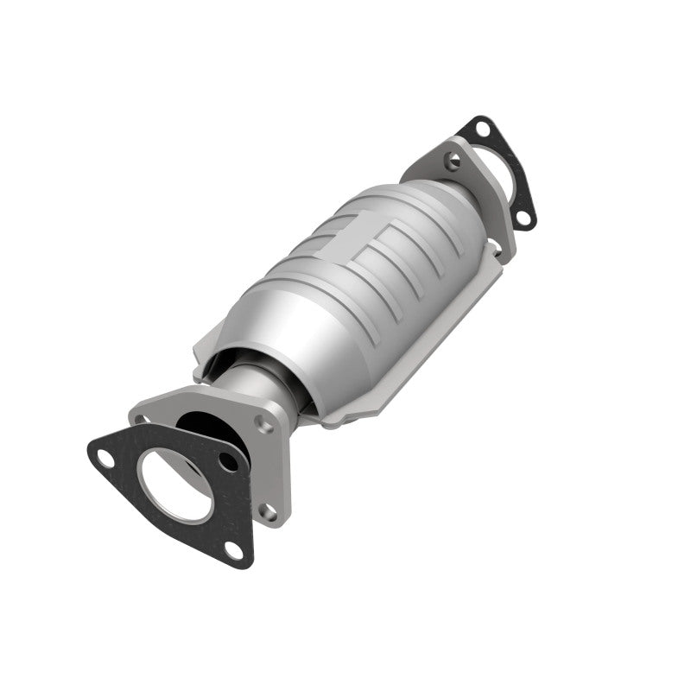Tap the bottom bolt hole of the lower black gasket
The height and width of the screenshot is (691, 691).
(231, 548)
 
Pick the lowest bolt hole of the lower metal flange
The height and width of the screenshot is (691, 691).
(269, 512)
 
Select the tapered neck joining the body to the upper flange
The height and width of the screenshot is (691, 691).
(436, 194)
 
